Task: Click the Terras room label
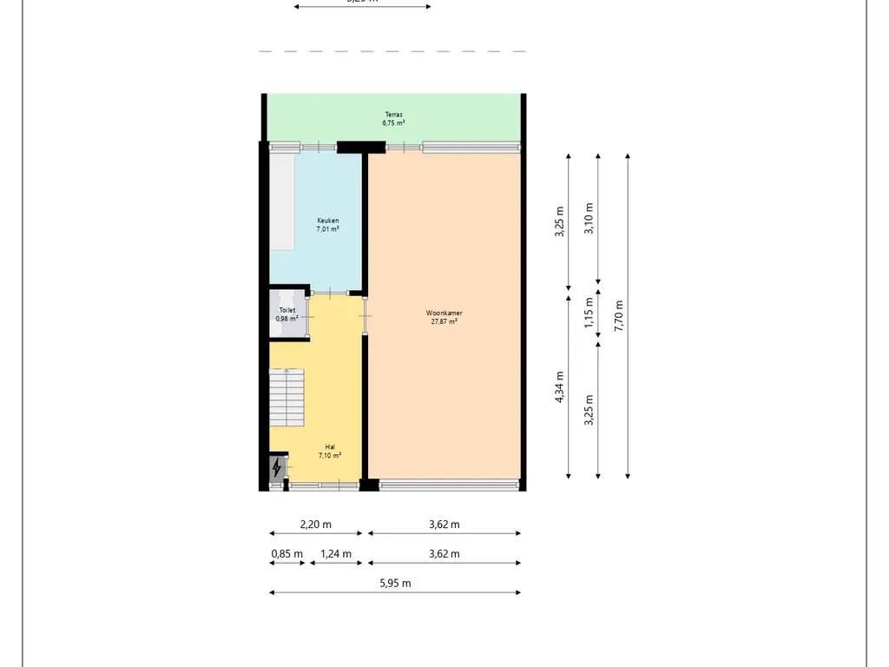click(x=394, y=115)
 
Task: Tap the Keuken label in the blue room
click(x=327, y=221)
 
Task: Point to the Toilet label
click(x=286, y=310)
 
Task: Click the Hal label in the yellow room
click(x=330, y=446)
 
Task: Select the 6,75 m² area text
click(x=394, y=123)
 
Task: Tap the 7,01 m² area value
click(x=327, y=229)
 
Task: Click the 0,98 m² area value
click(x=286, y=319)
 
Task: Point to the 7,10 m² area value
click(x=330, y=455)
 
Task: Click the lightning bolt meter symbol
click(x=277, y=469)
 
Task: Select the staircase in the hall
click(x=287, y=398)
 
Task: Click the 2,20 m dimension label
click(x=316, y=525)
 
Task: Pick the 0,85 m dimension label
click(x=286, y=554)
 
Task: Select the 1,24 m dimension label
click(x=336, y=554)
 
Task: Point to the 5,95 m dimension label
click(x=395, y=584)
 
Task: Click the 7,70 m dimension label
click(x=618, y=316)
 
